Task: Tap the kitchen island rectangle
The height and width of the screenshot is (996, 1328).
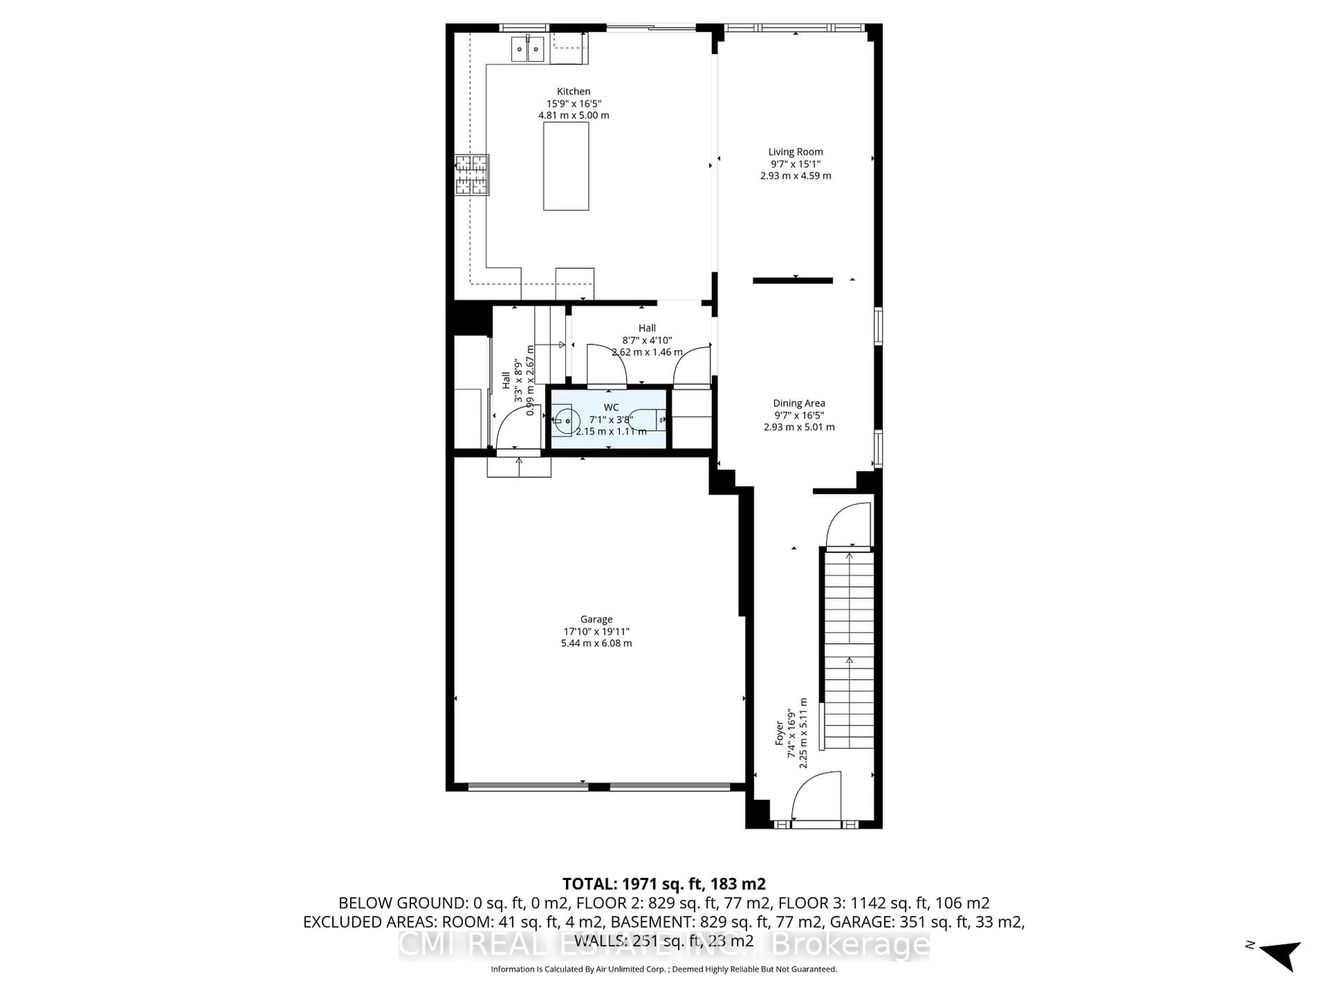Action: (565, 166)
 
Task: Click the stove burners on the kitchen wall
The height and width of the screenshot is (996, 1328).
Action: (472, 175)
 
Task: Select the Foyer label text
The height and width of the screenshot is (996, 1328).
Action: (779, 733)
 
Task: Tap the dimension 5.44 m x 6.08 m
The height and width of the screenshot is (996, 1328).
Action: (596, 643)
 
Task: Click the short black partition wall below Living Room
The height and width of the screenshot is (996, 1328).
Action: (793, 280)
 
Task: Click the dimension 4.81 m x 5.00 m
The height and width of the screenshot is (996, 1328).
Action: (573, 115)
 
